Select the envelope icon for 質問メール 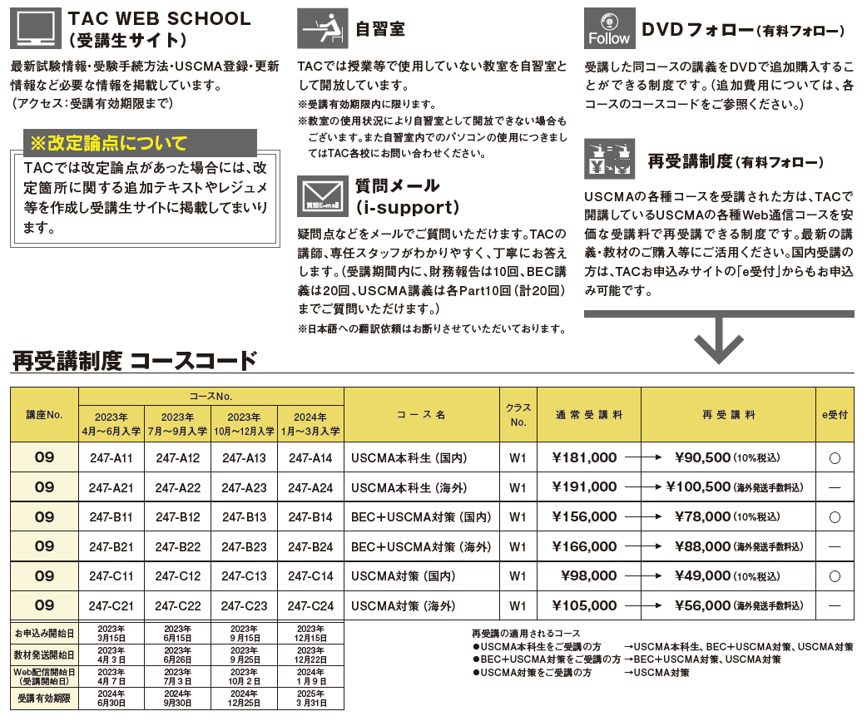[x=322, y=196]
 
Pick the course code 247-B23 [x=244, y=546]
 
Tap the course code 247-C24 [x=310, y=606]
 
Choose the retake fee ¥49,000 [x=702, y=576]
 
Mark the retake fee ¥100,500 [x=702, y=487]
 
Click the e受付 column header [x=835, y=414]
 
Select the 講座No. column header [x=44, y=414]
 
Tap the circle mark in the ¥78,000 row [x=835, y=517]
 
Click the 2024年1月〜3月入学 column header [x=310, y=424]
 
